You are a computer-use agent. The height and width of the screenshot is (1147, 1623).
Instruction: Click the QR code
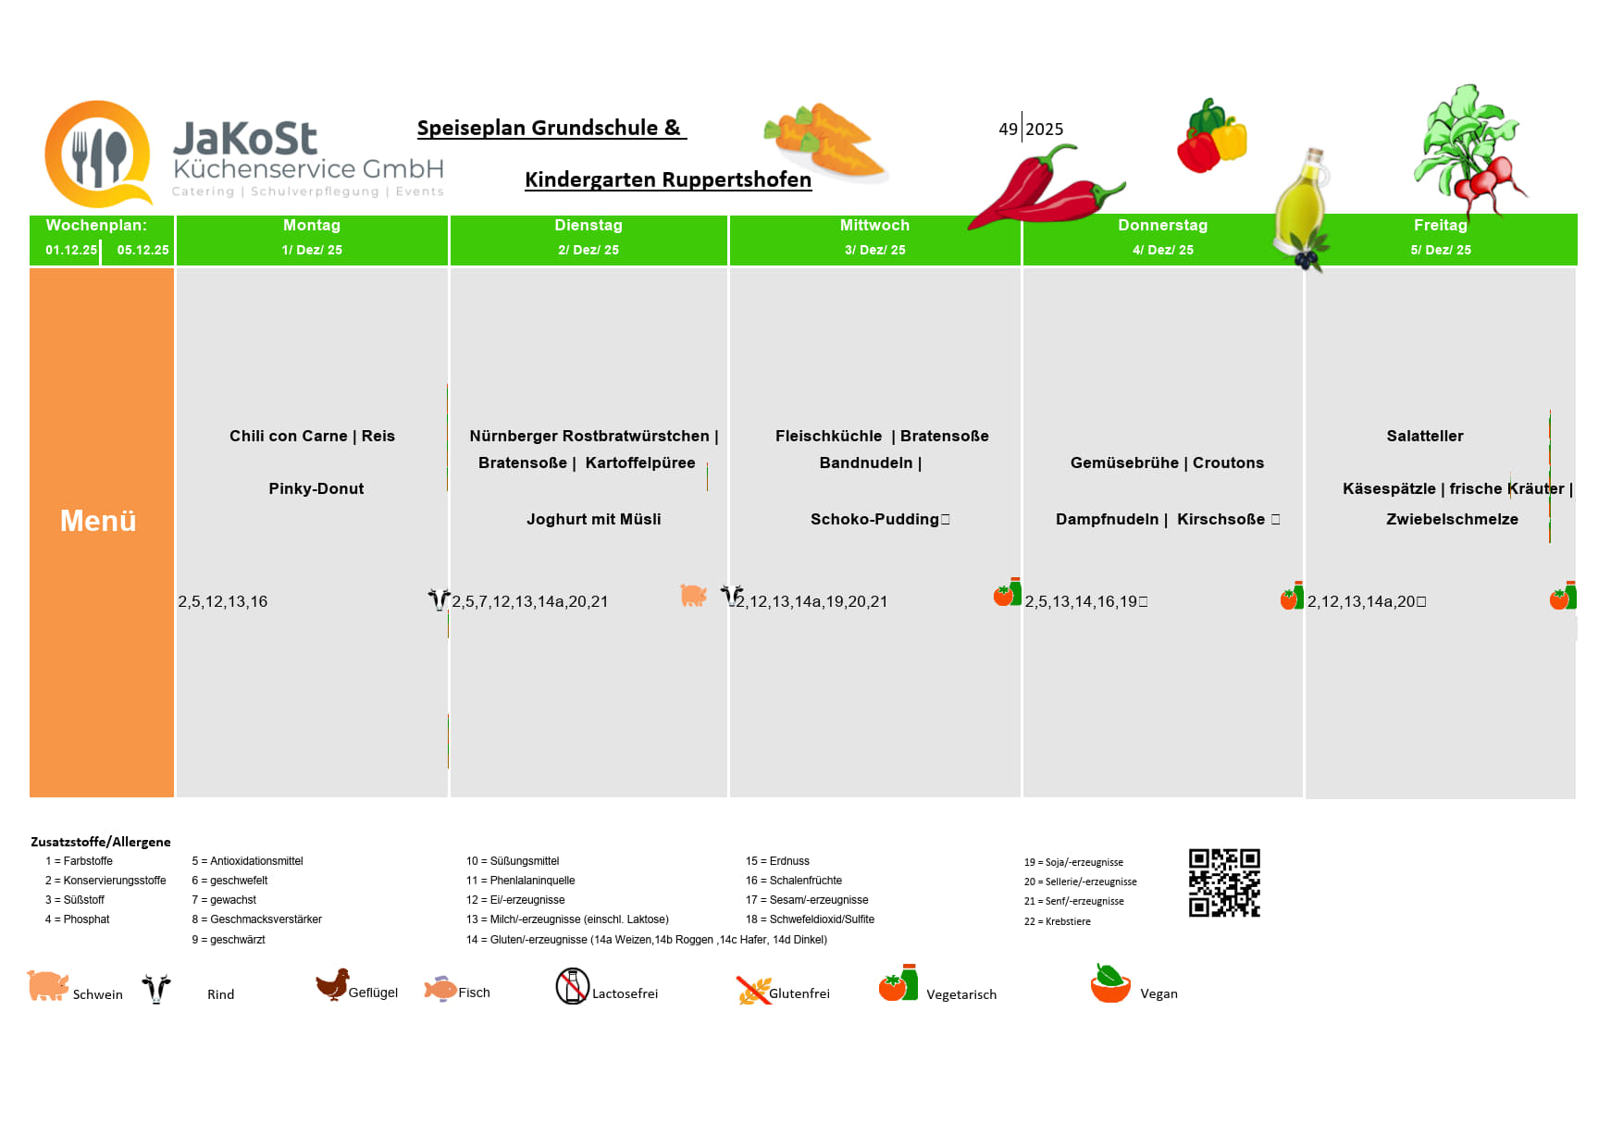(x=1224, y=882)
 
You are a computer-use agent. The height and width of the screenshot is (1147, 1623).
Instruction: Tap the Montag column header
(x=312, y=226)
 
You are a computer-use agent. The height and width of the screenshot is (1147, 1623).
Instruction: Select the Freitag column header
(x=1440, y=226)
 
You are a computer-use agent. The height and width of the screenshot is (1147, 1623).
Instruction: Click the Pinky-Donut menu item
(x=316, y=488)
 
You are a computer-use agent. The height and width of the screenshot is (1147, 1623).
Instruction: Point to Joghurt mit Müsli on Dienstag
(x=593, y=519)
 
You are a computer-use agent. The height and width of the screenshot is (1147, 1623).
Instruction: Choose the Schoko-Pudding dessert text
(x=874, y=519)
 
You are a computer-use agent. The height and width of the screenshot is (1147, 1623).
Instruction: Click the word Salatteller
(x=1424, y=436)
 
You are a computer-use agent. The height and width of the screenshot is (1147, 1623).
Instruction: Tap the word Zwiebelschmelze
(x=1451, y=519)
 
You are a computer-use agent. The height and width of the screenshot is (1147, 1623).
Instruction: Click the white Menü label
(x=98, y=521)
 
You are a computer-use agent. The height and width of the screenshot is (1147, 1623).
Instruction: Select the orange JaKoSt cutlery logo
(x=98, y=154)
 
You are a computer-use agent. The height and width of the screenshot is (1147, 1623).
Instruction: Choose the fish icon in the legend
(x=440, y=989)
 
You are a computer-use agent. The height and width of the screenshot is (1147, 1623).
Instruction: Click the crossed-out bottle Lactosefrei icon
(x=572, y=986)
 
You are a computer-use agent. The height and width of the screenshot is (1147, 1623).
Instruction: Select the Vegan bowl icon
(x=1110, y=984)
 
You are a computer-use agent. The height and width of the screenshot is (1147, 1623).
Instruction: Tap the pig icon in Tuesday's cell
(x=693, y=596)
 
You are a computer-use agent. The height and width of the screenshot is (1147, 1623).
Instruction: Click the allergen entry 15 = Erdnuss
(x=777, y=861)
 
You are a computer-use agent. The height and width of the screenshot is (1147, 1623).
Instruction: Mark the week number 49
(x=1008, y=129)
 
